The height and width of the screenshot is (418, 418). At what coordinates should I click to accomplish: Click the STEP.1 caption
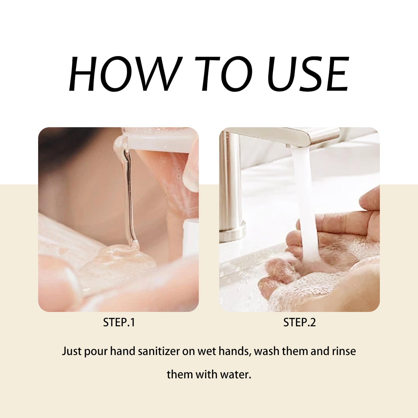click(119, 322)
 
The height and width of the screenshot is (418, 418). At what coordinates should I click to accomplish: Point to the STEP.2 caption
click(299, 322)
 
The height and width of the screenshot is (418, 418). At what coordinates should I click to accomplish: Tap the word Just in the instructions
click(72, 351)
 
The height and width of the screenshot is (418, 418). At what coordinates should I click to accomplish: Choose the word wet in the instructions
click(207, 351)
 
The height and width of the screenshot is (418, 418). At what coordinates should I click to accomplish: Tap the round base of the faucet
click(231, 231)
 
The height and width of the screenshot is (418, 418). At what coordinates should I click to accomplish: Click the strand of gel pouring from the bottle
click(129, 197)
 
